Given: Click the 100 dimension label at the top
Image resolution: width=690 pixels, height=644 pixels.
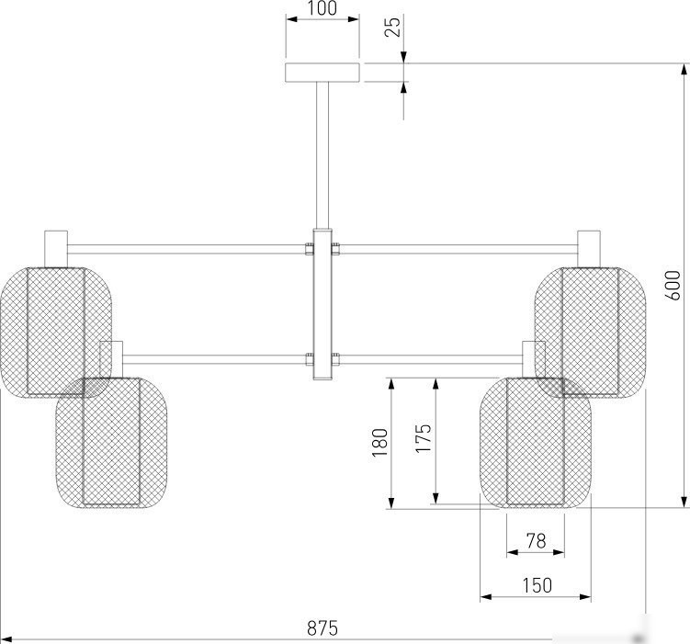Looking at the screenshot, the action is [x=322, y=8].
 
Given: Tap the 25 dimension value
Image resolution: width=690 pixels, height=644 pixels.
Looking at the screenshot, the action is [x=393, y=27].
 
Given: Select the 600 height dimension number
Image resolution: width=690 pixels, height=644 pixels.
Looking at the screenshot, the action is [x=673, y=285].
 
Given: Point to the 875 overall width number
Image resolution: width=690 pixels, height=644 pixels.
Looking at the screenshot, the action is [x=322, y=627].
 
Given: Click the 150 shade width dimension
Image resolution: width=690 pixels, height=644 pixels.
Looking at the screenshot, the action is [x=537, y=585].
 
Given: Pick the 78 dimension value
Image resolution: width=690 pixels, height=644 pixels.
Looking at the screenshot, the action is [x=536, y=540].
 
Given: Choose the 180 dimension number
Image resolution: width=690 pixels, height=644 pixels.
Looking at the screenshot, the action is [x=379, y=443].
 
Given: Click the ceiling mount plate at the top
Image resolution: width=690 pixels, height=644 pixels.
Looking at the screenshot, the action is [x=322, y=73].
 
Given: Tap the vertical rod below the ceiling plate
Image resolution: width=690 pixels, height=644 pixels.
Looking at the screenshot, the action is [x=322, y=155].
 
